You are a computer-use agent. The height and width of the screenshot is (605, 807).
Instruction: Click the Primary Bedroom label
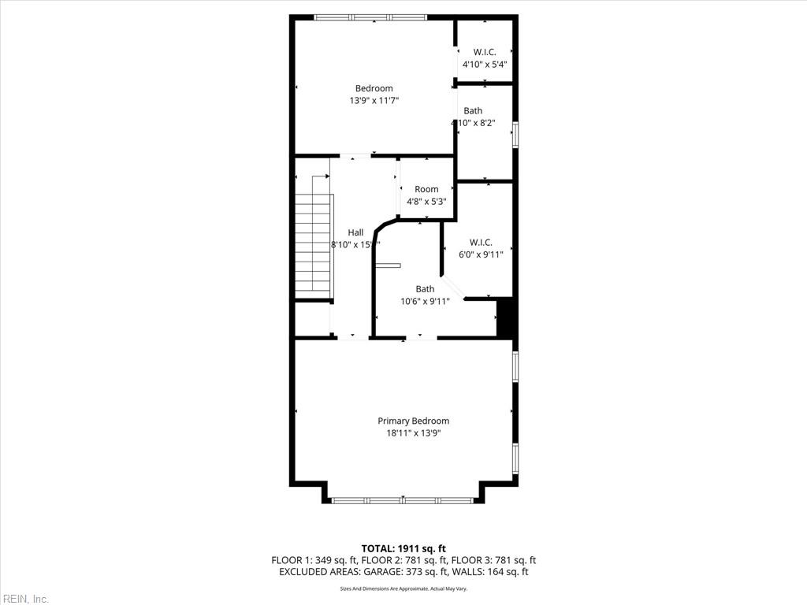point(413,421)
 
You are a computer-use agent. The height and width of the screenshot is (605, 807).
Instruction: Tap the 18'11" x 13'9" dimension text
point(413,433)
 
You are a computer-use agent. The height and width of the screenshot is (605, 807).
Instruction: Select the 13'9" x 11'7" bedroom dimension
point(374,101)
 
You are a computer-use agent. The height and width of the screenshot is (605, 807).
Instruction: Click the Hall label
point(355,232)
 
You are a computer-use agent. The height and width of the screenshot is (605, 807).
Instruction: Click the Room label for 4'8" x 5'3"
point(426,189)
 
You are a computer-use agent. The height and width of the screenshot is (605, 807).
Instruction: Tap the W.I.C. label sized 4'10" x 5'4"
point(484,52)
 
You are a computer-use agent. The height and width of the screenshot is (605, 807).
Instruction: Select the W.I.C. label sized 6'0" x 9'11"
point(481,242)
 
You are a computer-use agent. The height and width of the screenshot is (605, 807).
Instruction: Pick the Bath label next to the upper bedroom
point(473,111)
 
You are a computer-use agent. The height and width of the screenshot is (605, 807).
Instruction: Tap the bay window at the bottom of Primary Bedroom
point(403,499)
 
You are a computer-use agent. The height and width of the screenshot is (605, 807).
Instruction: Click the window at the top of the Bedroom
point(370,17)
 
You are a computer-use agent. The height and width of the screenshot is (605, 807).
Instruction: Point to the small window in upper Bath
point(515,134)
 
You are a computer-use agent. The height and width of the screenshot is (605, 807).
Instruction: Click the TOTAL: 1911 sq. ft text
point(403,548)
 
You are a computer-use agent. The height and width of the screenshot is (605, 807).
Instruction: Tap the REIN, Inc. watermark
point(24,599)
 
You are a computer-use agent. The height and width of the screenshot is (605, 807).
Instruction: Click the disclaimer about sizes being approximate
point(403,588)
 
